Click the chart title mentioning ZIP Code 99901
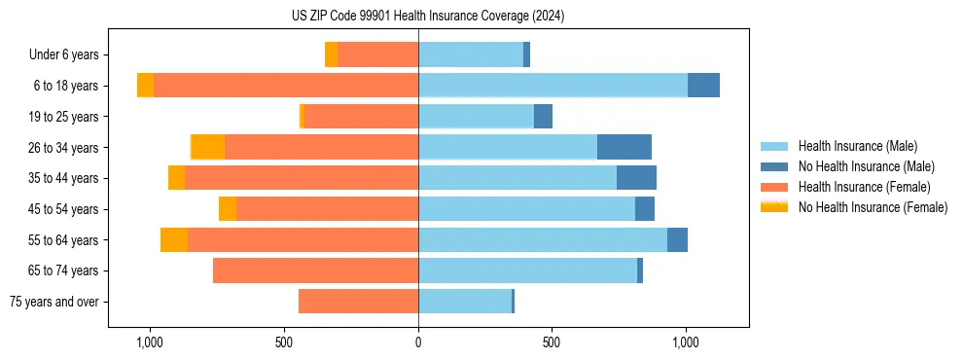(x=428, y=17)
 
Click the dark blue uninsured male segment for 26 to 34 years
(x=624, y=147)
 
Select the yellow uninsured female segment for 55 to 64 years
(x=174, y=239)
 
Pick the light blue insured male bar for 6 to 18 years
(x=553, y=86)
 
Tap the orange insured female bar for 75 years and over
(x=358, y=302)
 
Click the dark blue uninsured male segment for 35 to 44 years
(x=636, y=178)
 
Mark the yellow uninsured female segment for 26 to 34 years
(x=208, y=147)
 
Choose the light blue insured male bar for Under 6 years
(x=471, y=54)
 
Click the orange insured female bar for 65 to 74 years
(x=315, y=270)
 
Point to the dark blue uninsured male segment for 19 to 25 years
(x=543, y=117)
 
